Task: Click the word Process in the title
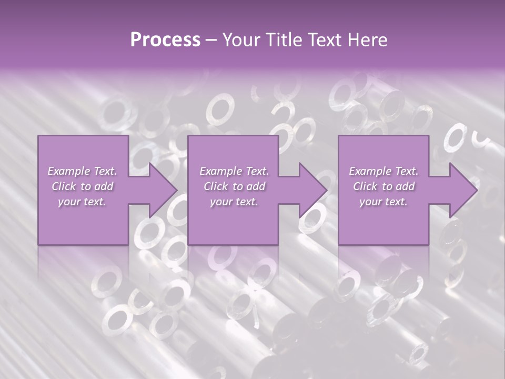pyautogui.click(x=165, y=40)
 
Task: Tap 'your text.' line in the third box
pyautogui.click(x=383, y=202)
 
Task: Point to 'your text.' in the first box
pyautogui.click(x=82, y=202)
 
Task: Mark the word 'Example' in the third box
pyautogui.click(x=367, y=171)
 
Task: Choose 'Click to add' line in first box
pyautogui.click(x=83, y=186)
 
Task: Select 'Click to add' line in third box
pyautogui.click(x=384, y=186)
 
